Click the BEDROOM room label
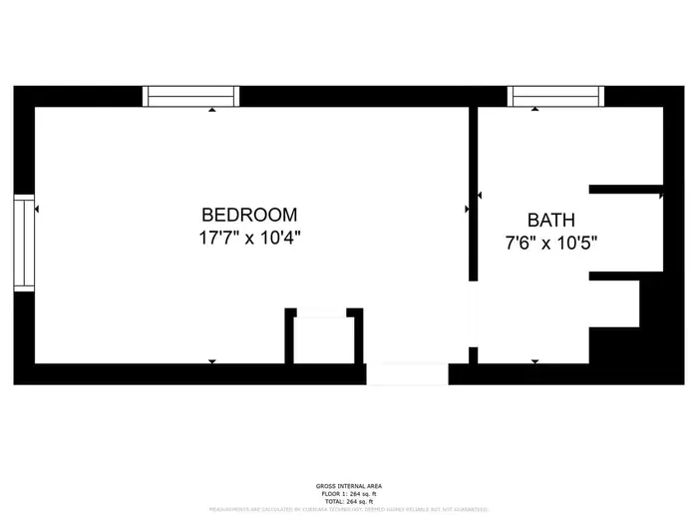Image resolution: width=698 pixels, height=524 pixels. coord(249,215)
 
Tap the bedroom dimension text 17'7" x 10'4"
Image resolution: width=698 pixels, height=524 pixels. coord(249,239)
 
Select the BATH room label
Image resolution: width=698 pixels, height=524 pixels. coord(551,220)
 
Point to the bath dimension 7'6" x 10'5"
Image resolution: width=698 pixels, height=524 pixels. coord(551,242)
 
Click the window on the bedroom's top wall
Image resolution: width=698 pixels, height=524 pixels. coord(191,96)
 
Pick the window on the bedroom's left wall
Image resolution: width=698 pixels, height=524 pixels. coord(23,243)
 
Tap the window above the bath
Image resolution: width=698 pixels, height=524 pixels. coord(556,96)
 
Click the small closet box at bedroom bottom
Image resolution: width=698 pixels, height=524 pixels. coord(324,339)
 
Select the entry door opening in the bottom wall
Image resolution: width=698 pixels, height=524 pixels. coord(407,374)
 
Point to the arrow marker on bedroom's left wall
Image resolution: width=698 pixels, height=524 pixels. coord(37,210)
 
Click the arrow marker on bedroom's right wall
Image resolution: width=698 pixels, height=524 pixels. coord(467,210)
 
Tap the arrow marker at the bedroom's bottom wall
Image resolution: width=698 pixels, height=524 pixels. coord(211,360)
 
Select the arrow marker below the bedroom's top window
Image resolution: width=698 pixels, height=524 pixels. coord(211,111)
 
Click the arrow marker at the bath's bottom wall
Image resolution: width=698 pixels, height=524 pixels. coord(535,360)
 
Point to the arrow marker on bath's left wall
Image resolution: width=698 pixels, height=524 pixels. coord(481,197)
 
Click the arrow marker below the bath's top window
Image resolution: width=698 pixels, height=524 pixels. coord(535,111)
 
